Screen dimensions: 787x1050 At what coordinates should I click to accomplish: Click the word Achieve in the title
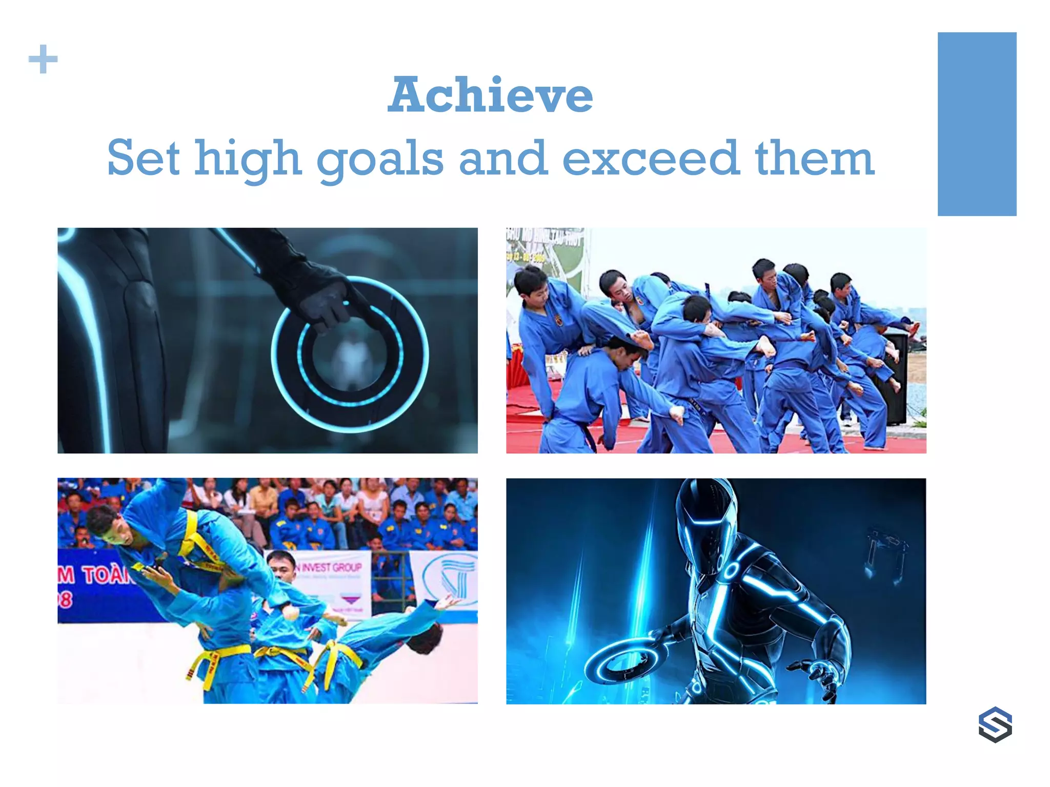click(x=490, y=95)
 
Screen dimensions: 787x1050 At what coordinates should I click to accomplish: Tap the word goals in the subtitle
click(x=379, y=159)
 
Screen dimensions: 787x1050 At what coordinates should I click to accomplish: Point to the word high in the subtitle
click(x=247, y=159)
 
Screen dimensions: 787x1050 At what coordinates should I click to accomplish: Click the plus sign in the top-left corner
click(x=43, y=59)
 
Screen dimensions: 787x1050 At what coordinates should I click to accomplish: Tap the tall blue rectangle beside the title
click(x=977, y=124)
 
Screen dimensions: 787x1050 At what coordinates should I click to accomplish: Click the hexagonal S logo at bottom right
click(x=995, y=724)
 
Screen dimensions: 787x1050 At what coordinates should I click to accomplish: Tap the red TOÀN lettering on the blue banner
click(x=105, y=575)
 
